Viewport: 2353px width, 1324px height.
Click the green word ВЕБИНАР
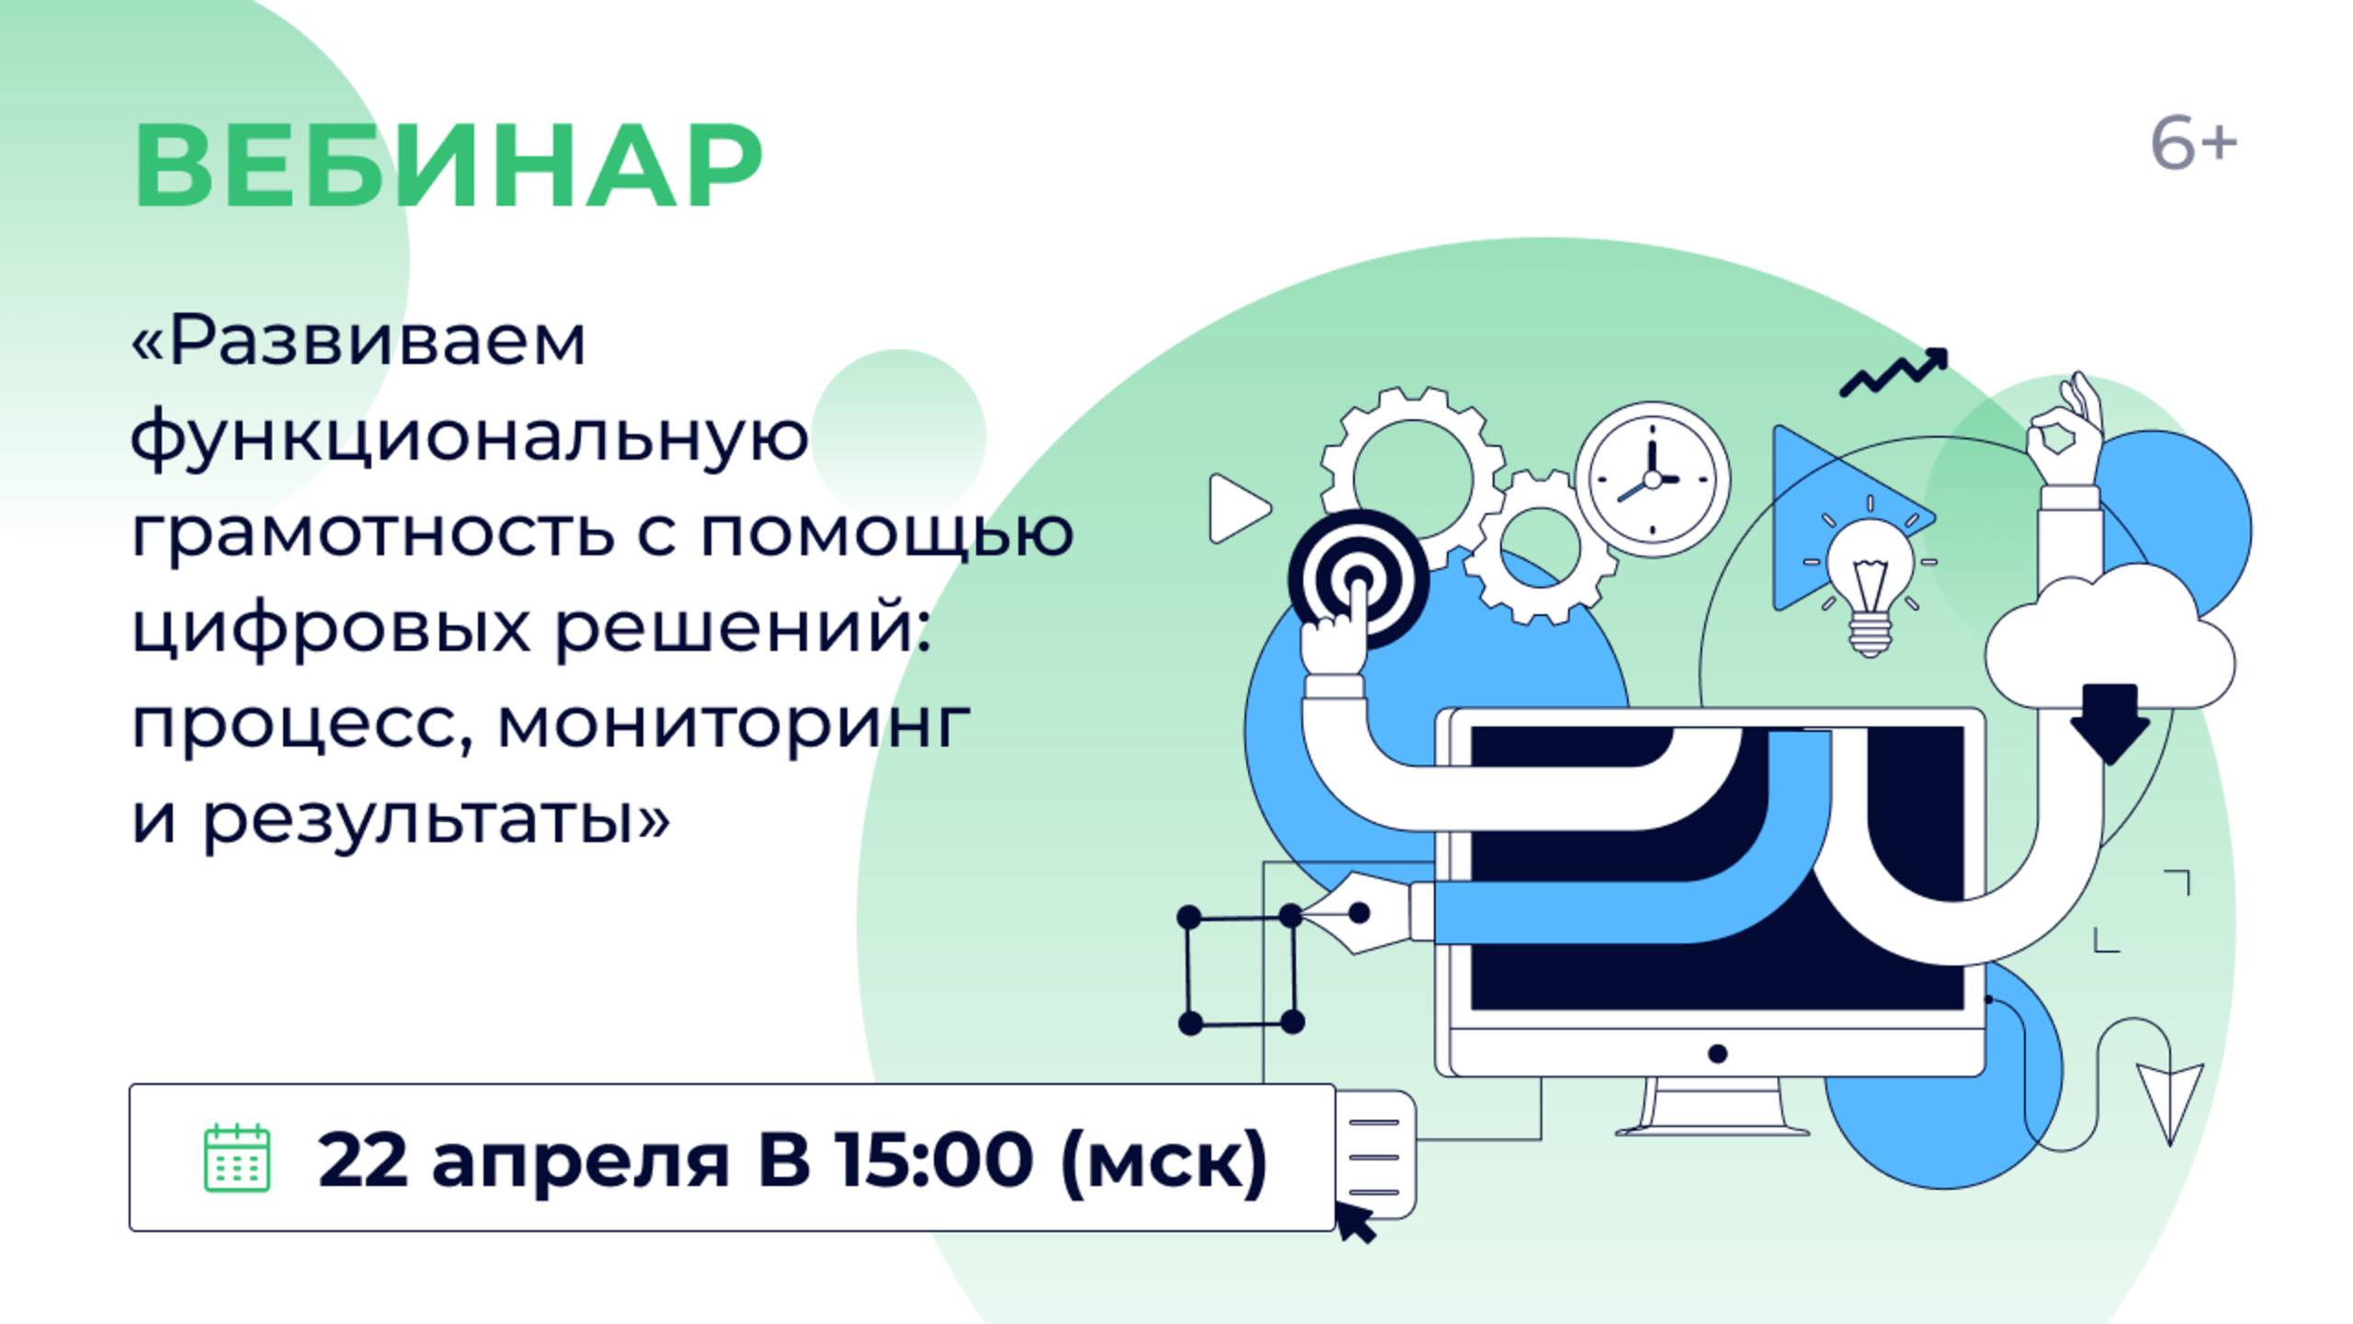pos(448,165)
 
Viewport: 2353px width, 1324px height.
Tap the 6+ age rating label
pos(2193,144)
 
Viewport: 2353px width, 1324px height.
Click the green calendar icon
pos(236,1158)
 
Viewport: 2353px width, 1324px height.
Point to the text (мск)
pos(1164,1161)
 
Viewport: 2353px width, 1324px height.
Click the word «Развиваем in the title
pos(358,341)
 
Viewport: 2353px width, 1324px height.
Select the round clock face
pos(1653,479)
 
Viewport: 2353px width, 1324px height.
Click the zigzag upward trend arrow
pos(1893,372)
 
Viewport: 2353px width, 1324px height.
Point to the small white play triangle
pos(1238,508)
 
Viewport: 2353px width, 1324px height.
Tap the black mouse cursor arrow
pos(1356,1225)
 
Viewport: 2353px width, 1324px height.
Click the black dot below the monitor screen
pos(1717,1054)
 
